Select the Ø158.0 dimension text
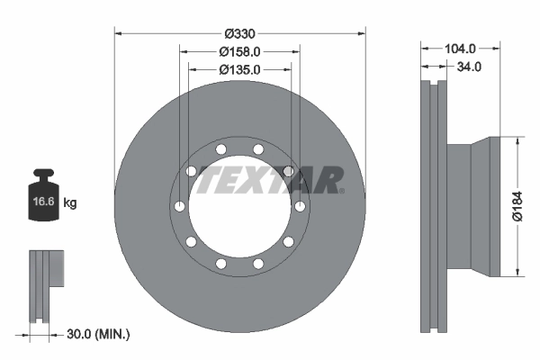coord(240,52)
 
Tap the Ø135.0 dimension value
coord(240,69)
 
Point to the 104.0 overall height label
coord(460,49)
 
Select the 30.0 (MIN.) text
coord(99,334)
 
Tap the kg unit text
coord(70,203)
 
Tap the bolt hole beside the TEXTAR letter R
coord(289,171)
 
